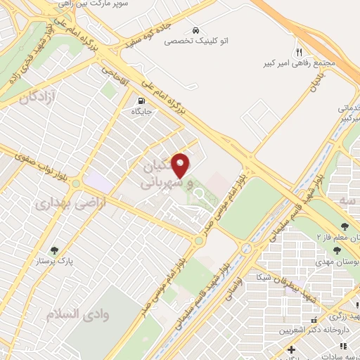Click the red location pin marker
[x=182, y=165]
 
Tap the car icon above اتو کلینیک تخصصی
[x=193, y=31]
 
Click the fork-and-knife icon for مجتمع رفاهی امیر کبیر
[x=298, y=53]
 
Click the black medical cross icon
[x=291, y=349]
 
